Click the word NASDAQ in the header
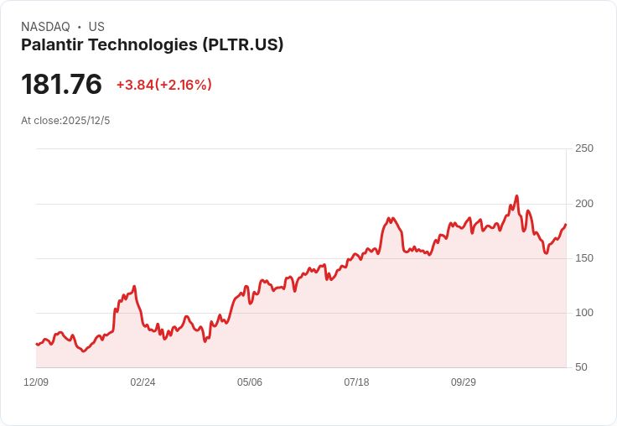click(45, 27)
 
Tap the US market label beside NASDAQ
click(96, 27)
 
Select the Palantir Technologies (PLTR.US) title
click(152, 44)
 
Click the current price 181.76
click(61, 85)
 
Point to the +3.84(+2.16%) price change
click(163, 85)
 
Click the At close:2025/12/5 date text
click(65, 121)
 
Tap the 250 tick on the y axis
click(583, 148)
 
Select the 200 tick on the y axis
click(583, 204)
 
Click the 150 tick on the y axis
click(583, 258)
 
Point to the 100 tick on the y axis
click(583, 313)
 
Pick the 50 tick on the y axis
click(581, 367)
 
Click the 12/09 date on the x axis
click(36, 382)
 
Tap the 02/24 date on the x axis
click(143, 382)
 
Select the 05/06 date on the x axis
click(250, 382)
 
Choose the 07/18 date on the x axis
click(356, 382)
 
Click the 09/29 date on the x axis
click(464, 382)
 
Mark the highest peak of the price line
click(517, 196)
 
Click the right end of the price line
click(566, 224)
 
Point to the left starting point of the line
click(36, 344)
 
